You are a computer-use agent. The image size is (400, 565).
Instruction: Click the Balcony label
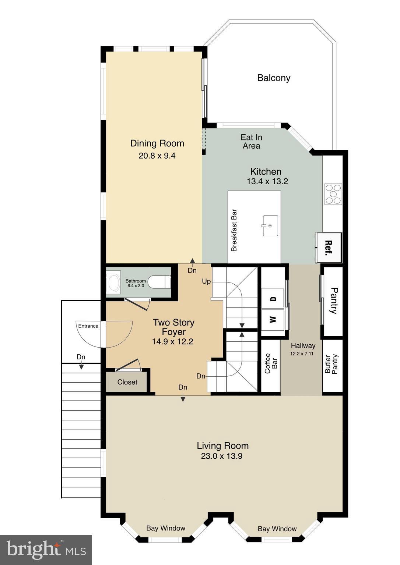pyautogui.click(x=274, y=78)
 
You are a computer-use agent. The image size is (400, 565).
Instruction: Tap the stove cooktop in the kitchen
pyautogui.click(x=333, y=194)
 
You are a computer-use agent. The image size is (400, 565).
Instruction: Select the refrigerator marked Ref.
pyautogui.click(x=329, y=248)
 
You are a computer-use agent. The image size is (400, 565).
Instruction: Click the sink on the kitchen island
pyautogui.click(x=270, y=225)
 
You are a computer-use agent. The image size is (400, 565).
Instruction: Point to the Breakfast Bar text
pyautogui.click(x=234, y=231)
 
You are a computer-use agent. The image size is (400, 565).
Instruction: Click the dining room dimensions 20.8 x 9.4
pyautogui.click(x=157, y=156)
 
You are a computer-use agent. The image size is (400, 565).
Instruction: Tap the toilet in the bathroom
pyautogui.click(x=161, y=282)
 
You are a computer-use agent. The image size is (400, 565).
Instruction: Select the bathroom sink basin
pyautogui.click(x=113, y=282)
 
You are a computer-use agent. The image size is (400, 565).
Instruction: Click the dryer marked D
pyautogui.click(x=273, y=299)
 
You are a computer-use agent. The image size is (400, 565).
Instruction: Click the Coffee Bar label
pyautogui.click(x=271, y=363)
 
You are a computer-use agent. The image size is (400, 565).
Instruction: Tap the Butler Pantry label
pyautogui.click(x=331, y=364)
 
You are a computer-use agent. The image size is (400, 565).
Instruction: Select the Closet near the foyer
pyautogui.click(x=127, y=382)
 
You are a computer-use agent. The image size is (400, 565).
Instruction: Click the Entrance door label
pyautogui.click(x=88, y=326)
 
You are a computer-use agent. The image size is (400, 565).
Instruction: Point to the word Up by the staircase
pyautogui.click(x=206, y=281)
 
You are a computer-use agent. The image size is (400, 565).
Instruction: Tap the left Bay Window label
pyautogui.click(x=166, y=528)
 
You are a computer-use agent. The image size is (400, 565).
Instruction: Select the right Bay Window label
pyautogui.click(x=277, y=529)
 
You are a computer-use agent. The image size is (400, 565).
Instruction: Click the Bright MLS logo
pyautogui.click(x=46, y=550)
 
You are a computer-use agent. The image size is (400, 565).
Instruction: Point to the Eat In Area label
pyautogui.click(x=251, y=142)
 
